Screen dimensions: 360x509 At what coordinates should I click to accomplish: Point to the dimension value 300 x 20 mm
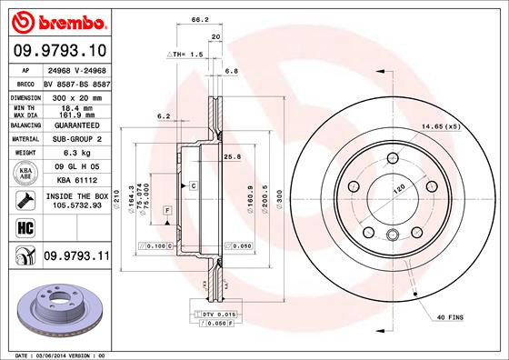coord(74,95)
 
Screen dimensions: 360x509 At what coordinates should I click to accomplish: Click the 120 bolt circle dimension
coord(397,193)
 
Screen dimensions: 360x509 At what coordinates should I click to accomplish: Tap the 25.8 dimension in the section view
coord(233,157)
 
